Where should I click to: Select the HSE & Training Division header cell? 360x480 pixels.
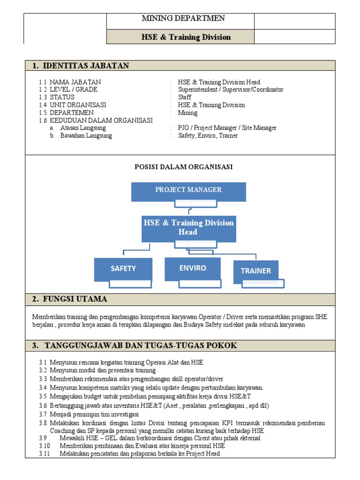click(x=187, y=37)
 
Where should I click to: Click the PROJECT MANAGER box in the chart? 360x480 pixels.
click(x=188, y=190)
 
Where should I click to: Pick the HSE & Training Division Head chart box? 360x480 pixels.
click(x=188, y=227)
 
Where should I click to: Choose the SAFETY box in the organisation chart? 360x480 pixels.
click(x=123, y=269)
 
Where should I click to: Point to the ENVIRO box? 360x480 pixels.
click(x=193, y=268)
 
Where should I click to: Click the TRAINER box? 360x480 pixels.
click(x=255, y=270)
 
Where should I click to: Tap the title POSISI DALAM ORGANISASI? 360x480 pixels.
click(x=184, y=167)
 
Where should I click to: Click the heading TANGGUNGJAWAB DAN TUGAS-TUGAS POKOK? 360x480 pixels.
click(x=141, y=345)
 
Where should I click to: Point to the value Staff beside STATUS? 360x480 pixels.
click(x=185, y=97)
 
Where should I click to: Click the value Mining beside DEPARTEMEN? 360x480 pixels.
click(x=187, y=113)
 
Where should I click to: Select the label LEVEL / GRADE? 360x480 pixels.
click(x=74, y=90)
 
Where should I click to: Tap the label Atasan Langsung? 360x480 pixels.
click(x=83, y=128)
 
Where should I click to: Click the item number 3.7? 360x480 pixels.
click(x=43, y=414)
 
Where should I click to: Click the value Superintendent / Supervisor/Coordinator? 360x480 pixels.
click(x=231, y=90)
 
